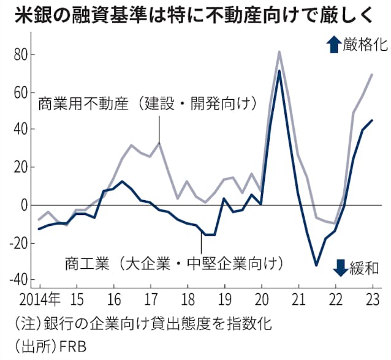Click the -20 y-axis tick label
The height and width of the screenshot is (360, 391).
click(18, 242)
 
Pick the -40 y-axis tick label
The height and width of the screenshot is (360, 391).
click(18, 279)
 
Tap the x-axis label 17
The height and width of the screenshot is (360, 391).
click(151, 302)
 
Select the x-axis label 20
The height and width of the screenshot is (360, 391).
click(262, 302)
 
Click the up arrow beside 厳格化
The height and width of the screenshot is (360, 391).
click(334, 44)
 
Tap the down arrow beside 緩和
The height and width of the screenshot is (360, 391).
click(339, 268)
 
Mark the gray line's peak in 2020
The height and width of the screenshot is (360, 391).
click(279, 51)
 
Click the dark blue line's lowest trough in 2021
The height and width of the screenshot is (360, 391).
click(316, 265)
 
